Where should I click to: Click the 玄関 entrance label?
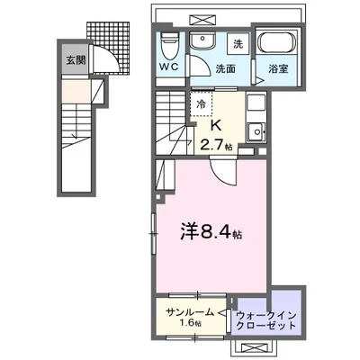click(x=74, y=60)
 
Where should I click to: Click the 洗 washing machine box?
click(x=238, y=43)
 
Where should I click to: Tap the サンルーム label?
click(x=190, y=311)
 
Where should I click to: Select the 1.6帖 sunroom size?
click(x=190, y=325)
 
